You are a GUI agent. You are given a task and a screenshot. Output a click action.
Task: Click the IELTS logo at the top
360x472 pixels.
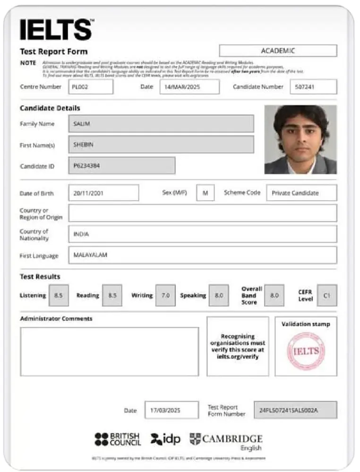coord(56,29)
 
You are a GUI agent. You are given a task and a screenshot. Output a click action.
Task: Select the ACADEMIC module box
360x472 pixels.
coord(278,51)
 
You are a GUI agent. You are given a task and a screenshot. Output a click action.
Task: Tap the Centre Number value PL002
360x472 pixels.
coord(91,87)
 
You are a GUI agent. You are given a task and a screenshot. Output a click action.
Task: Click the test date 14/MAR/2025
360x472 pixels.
coord(189,87)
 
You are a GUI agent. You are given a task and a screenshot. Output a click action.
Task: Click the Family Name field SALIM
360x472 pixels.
coord(161,124)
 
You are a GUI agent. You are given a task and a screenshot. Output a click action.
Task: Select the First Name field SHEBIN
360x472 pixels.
coord(161,144)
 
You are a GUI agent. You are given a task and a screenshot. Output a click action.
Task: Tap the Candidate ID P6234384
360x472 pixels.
coord(121,166)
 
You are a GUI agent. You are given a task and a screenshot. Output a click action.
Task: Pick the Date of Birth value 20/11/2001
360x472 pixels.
coord(103,193)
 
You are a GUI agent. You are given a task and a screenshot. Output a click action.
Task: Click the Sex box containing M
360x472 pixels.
coord(205,193)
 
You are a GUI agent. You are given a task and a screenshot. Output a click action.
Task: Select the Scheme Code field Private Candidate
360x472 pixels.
coord(301,193)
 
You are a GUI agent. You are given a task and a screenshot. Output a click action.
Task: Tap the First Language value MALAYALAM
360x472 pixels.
coord(202,255)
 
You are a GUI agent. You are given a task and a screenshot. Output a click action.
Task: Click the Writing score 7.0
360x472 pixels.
coord(165,295)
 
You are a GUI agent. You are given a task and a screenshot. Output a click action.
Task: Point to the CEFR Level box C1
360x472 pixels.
coord(326,295)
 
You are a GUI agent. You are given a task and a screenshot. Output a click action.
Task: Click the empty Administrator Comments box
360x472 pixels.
coord(109,352)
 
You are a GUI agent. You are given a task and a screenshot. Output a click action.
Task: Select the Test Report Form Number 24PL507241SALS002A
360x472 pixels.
coord(295,410)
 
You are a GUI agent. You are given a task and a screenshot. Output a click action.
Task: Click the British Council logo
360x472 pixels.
coord(118,439)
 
